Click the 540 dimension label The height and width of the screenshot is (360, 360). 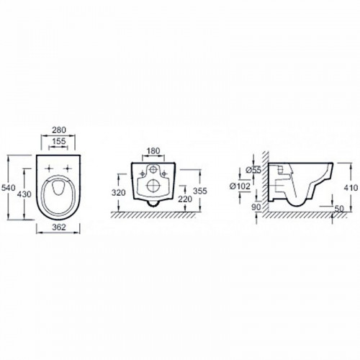(x=8, y=188)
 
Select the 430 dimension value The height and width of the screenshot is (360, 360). (x=24, y=194)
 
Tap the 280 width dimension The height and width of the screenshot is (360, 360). (x=59, y=130)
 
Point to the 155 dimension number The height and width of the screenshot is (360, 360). (x=59, y=141)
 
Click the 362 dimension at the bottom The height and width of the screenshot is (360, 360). (x=58, y=227)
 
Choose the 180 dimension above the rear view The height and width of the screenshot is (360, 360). (x=153, y=150)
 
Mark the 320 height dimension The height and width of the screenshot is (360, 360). (x=119, y=192)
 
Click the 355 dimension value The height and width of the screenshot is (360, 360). (x=200, y=191)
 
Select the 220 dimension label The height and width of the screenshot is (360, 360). (x=185, y=199)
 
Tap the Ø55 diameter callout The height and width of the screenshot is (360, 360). (x=253, y=170)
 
